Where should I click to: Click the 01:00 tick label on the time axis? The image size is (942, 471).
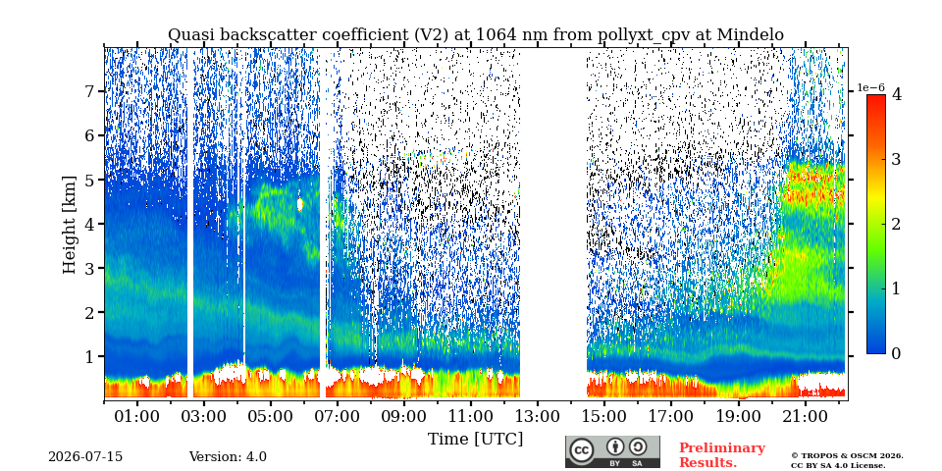137,416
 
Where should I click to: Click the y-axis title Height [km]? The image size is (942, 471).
70,225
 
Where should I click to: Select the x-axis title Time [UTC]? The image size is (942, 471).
475,440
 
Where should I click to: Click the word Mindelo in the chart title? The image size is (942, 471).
750,35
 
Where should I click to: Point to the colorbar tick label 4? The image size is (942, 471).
896,94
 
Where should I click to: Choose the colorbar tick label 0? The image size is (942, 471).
896,354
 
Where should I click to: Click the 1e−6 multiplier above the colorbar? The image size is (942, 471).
870,88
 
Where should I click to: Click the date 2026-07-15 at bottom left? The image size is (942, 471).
85,457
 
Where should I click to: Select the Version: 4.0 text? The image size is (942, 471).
228,457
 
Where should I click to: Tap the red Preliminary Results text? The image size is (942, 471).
722,455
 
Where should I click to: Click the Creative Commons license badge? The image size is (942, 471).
612,451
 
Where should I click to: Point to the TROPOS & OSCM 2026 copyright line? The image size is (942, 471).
847,456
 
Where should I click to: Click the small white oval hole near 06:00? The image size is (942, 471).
300,205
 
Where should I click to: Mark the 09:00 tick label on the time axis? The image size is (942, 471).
404,416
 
